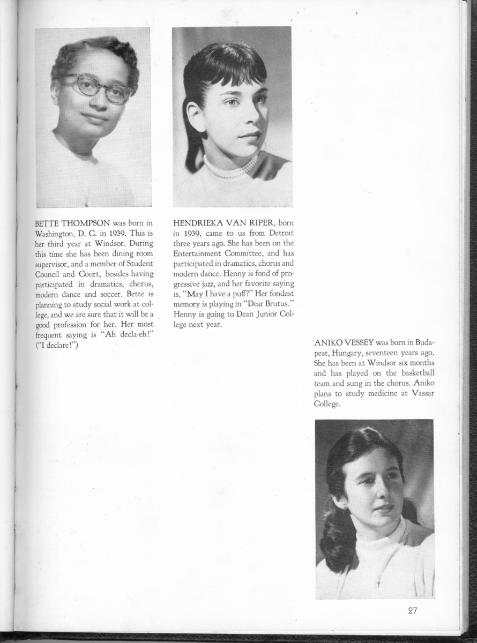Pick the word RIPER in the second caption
coord(258,222)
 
